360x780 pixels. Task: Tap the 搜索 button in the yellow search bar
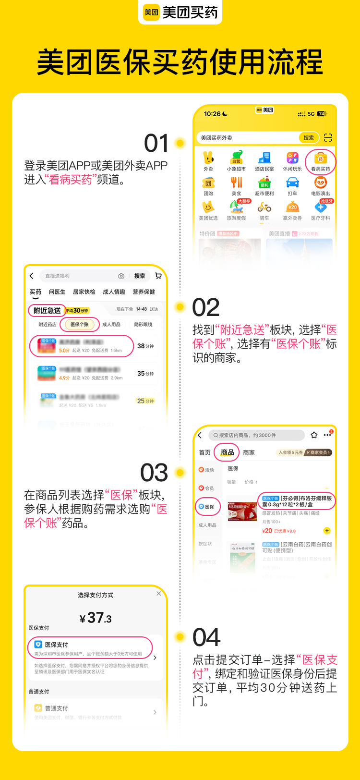(x=309, y=138)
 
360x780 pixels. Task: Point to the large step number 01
(x=156, y=143)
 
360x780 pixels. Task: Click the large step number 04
(x=206, y=638)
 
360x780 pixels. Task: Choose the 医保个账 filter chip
(x=80, y=325)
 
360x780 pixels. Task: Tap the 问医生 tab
(x=57, y=292)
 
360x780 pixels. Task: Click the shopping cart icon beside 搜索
(x=158, y=276)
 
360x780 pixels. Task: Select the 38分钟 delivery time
(x=145, y=346)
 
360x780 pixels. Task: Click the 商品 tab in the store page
(x=228, y=452)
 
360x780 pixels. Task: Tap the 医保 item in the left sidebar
(x=207, y=507)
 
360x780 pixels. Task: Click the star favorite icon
(x=314, y=435)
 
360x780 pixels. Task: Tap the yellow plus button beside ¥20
(x=327, y=531)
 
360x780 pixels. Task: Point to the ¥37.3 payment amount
(x=96, y=618)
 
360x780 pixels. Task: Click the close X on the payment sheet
(x=159, y=594)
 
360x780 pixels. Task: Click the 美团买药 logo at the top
(x=180, y=12)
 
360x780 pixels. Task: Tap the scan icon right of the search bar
(x=328, y=138)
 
